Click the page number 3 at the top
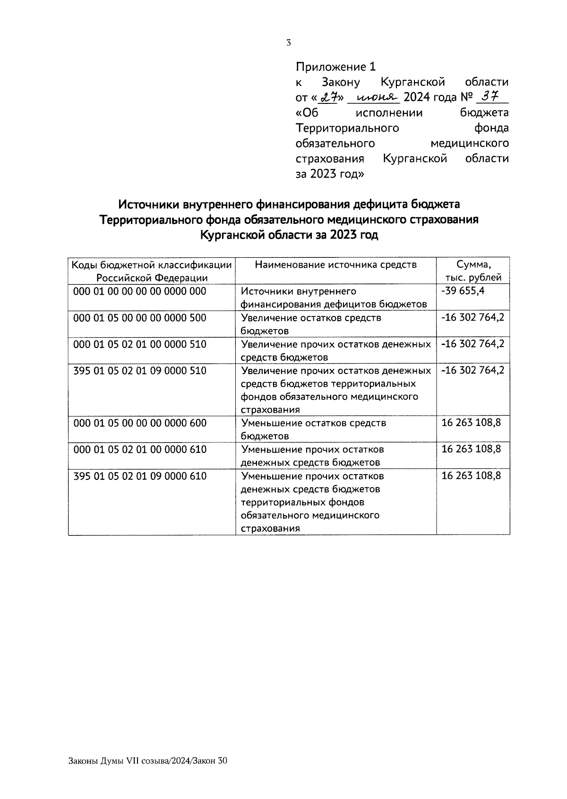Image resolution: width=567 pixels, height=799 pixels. click(x=289, y=42)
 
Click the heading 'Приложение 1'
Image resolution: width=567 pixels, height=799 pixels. click(x=336, y=67)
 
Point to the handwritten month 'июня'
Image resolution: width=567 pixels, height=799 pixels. click(x=373, y=98)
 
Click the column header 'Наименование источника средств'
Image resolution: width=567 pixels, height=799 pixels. click(x=335, y=265)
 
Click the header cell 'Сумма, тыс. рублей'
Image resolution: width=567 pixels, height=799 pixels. click(x=473, y=271)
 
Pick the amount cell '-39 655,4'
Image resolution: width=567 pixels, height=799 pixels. click(x=463, y=291)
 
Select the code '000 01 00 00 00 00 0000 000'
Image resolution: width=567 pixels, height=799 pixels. click(x=140, y=291)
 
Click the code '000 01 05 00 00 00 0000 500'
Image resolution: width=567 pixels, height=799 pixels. click(x=140, y=318)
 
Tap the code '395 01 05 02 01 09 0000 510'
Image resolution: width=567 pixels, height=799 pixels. click(x=140, y=371)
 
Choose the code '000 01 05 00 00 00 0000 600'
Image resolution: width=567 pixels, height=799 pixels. click(x=140, y=423)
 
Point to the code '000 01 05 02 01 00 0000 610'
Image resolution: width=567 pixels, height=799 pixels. click(x=140, y=450)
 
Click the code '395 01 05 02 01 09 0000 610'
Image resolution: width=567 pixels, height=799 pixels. click(x=140, y=476)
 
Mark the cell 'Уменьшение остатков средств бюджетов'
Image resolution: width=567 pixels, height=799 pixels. click(x=313, y=429)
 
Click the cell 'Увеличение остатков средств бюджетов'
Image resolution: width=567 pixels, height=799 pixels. click(x=311, y=324)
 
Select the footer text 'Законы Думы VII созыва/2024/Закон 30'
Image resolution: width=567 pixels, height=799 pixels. click(x=148, y=761)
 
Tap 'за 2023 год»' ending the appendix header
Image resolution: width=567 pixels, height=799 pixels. click(x=330, y=174)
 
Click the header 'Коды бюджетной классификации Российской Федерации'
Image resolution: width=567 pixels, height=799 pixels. click(x=152, y=271)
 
